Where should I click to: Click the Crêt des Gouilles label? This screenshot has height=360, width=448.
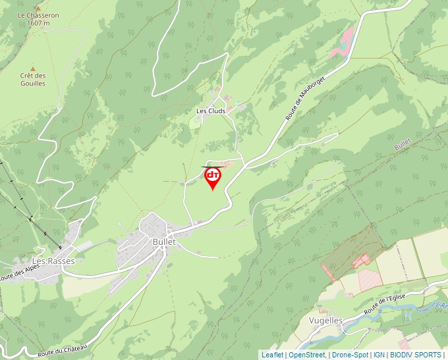[x=32, y=80]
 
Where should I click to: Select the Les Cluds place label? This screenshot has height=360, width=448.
[x=211, y=111]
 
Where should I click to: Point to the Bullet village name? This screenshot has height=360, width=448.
[x=163, y=242]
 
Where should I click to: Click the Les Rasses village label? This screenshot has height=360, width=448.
[x=54, y=261]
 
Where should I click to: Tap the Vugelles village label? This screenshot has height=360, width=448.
[x=325, y=321]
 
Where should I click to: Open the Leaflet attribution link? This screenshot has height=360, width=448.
[x=272, y=355]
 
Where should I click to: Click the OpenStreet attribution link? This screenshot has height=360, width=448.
[x=307, y=355]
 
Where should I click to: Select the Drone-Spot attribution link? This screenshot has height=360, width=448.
[x=350, y=355]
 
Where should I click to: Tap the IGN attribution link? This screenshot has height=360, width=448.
[x=379, y=355]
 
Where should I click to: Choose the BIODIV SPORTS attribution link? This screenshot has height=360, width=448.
[x=416, y=355]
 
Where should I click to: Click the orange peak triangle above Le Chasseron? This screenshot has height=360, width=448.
[x=38, y=7]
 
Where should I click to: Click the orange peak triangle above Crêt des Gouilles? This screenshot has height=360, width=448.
[x=32, y=67]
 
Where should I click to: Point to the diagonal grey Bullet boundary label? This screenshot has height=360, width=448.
[x=403, y=144]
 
